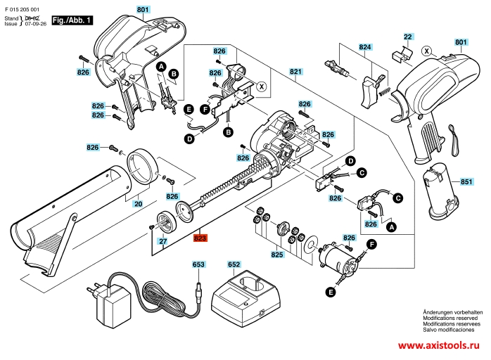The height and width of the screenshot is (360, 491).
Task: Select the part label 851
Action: point(466,181)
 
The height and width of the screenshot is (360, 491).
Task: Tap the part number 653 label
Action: point(198,264)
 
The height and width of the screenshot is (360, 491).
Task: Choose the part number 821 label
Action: point(295,72)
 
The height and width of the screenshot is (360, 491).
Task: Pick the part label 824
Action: point(364,48)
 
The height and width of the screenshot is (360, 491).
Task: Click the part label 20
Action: point(138,203)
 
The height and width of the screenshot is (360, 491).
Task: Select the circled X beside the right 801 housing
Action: point(426,51)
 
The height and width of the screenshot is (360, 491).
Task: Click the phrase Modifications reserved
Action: point(449,317)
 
